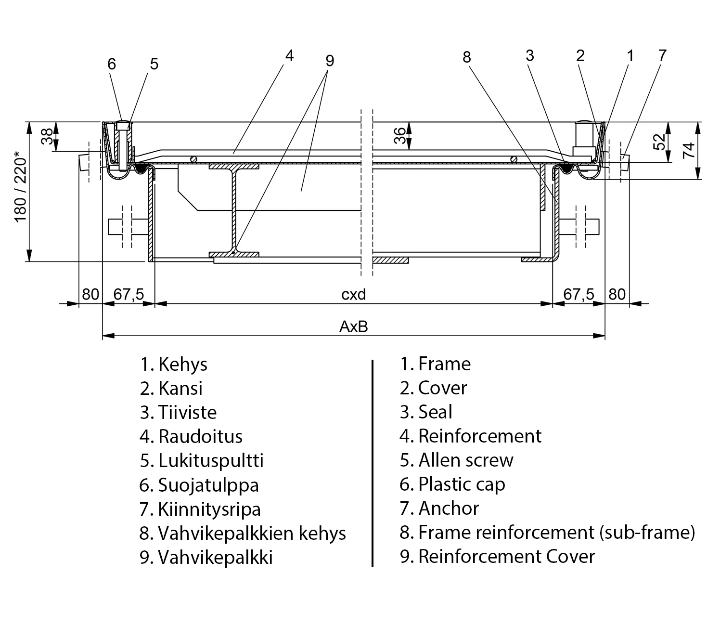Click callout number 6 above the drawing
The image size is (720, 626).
112,64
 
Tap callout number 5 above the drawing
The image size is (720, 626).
154,64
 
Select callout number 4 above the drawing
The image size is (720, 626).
289,56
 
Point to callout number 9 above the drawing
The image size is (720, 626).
329,61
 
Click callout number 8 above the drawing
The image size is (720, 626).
466,57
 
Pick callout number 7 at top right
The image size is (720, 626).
662,55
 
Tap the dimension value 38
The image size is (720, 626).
47,137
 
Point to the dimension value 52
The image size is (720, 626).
660,142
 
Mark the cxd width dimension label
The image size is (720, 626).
354,294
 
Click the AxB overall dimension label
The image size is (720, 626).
354,327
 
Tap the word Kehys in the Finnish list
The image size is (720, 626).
183,364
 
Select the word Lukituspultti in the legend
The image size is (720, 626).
211,461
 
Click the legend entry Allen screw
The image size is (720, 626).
466,460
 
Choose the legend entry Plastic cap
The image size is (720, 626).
462,484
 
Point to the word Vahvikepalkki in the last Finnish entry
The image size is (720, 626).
215,557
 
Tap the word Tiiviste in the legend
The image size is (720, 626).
187,413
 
